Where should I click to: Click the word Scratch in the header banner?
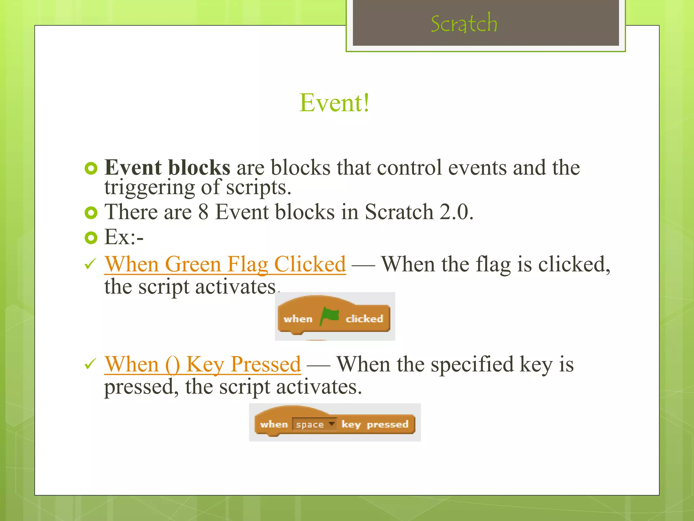[x=464, y=24]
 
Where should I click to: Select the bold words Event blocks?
[x=167, y=167]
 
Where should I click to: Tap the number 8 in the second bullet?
[x=203, y=212]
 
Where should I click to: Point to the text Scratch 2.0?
[x=419, y=212]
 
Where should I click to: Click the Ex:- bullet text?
[x=124, y=237]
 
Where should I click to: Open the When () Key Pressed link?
[x=202, y=364]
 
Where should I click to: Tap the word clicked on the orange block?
[x=364, y=319]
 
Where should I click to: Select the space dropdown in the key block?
[x=314, y=424]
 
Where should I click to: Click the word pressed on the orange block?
[x=388, y=424]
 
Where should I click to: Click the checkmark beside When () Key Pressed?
[x=90, y=364]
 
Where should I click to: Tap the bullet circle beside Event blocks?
[x=91, y=168]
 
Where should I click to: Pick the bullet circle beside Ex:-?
[x=91, y=238]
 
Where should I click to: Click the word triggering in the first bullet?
[x=149, y=187]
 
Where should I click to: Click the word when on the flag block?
[x=298, y=319]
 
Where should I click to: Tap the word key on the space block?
[x=351, y=424]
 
